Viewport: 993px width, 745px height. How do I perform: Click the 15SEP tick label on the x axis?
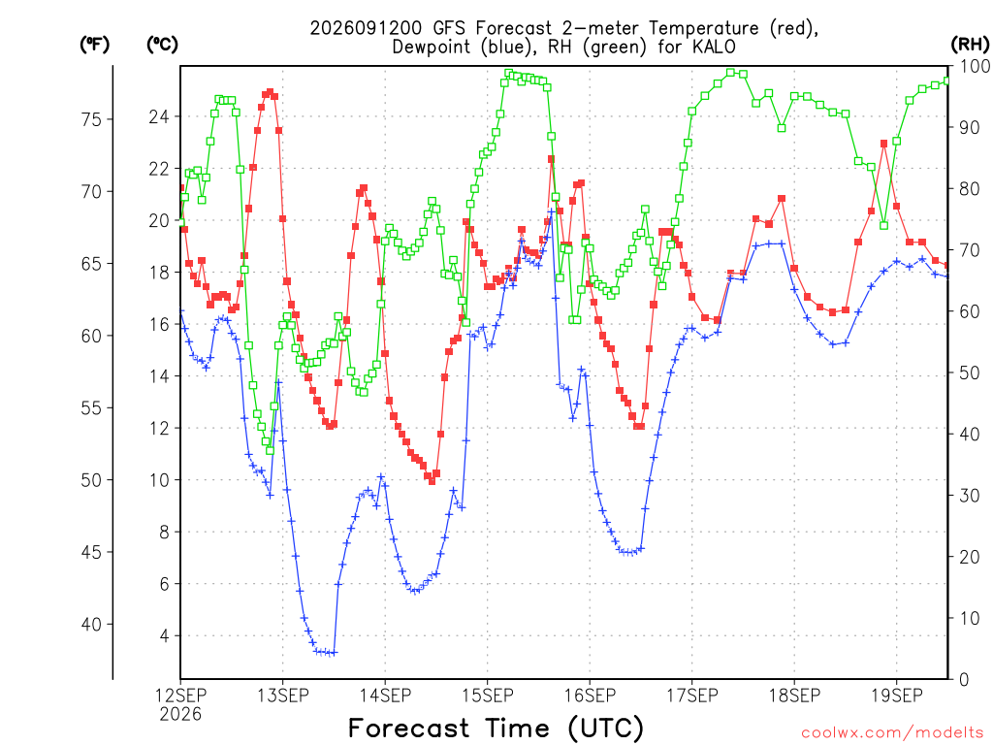pos(487,696)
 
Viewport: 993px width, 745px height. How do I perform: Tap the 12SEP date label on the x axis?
pos(180,696)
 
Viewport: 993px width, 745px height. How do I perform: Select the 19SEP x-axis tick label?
pos(897,696)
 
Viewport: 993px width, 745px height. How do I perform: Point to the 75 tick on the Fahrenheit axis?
pos(91,119)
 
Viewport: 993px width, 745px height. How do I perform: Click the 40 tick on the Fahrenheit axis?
pos(91,624)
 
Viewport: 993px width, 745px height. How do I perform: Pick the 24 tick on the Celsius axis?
pos(159,116)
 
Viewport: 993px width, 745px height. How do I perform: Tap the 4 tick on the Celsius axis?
pos(165,635)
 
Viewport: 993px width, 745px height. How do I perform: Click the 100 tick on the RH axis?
pos(974,66)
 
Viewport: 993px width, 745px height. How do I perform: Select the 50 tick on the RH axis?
pos(969,372)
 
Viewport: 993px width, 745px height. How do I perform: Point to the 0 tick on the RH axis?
pos(964,679)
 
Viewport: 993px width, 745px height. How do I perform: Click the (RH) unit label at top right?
pos(970,44)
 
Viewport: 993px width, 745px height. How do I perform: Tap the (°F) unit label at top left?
pos(94,44)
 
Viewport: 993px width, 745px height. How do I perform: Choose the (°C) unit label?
pos(162,44)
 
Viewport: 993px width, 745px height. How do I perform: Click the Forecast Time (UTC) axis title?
pos(496,728)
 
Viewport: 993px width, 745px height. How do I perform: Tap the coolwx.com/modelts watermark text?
pos(892,733)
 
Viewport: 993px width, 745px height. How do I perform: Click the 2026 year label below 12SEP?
pos(180,715)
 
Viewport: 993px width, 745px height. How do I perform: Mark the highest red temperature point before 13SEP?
pos(270,92)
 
